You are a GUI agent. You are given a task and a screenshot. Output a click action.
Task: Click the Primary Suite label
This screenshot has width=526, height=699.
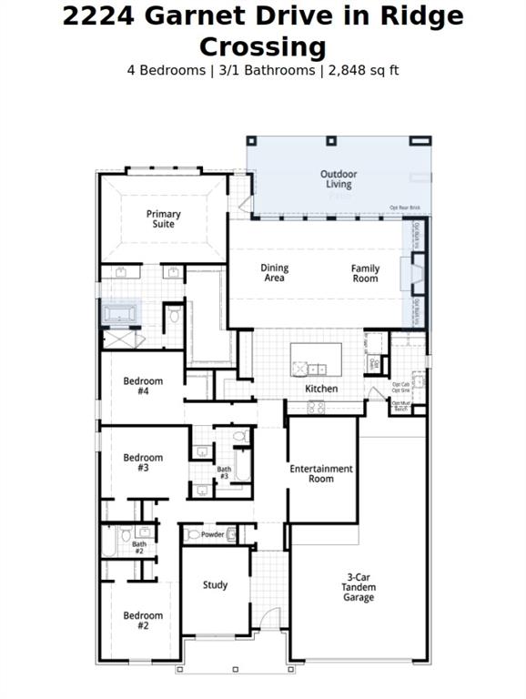pos(164,218)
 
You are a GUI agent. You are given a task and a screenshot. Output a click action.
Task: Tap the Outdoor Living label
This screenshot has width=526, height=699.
pos(339,179)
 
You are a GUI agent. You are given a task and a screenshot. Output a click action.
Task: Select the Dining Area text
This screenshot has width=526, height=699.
pos(274,273)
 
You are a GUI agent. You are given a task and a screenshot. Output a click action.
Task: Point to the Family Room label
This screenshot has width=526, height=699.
pos(365,273)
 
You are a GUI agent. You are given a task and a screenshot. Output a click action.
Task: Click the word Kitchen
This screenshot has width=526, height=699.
pos(321,389)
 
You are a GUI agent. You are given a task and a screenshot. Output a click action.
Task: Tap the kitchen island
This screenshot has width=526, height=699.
pos(316,359)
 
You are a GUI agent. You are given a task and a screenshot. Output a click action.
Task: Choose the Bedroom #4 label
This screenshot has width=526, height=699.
pos(143,386)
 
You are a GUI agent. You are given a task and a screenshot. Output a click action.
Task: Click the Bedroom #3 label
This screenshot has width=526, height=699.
pos(143,462)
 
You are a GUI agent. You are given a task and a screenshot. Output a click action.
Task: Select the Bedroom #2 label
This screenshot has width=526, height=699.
pos(143,621)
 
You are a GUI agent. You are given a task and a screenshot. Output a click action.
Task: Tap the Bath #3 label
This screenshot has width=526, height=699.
pos(224,472)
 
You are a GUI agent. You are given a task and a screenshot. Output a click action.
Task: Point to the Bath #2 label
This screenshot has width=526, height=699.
pos(139,548)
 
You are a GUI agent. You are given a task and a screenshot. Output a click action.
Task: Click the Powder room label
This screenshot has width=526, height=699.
pos(212,535)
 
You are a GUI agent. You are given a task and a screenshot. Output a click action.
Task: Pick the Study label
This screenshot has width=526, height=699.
pos(215,585)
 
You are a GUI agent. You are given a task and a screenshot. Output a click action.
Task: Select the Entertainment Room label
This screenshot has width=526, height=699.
pos(321,473)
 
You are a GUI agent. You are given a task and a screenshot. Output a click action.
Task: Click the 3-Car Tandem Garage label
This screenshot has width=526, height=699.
pos(359,587)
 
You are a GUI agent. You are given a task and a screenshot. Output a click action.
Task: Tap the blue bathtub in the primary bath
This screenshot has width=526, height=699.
pos(119,314)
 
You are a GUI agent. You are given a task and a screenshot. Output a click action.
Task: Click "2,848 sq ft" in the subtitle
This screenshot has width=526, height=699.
pos(359,70)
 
